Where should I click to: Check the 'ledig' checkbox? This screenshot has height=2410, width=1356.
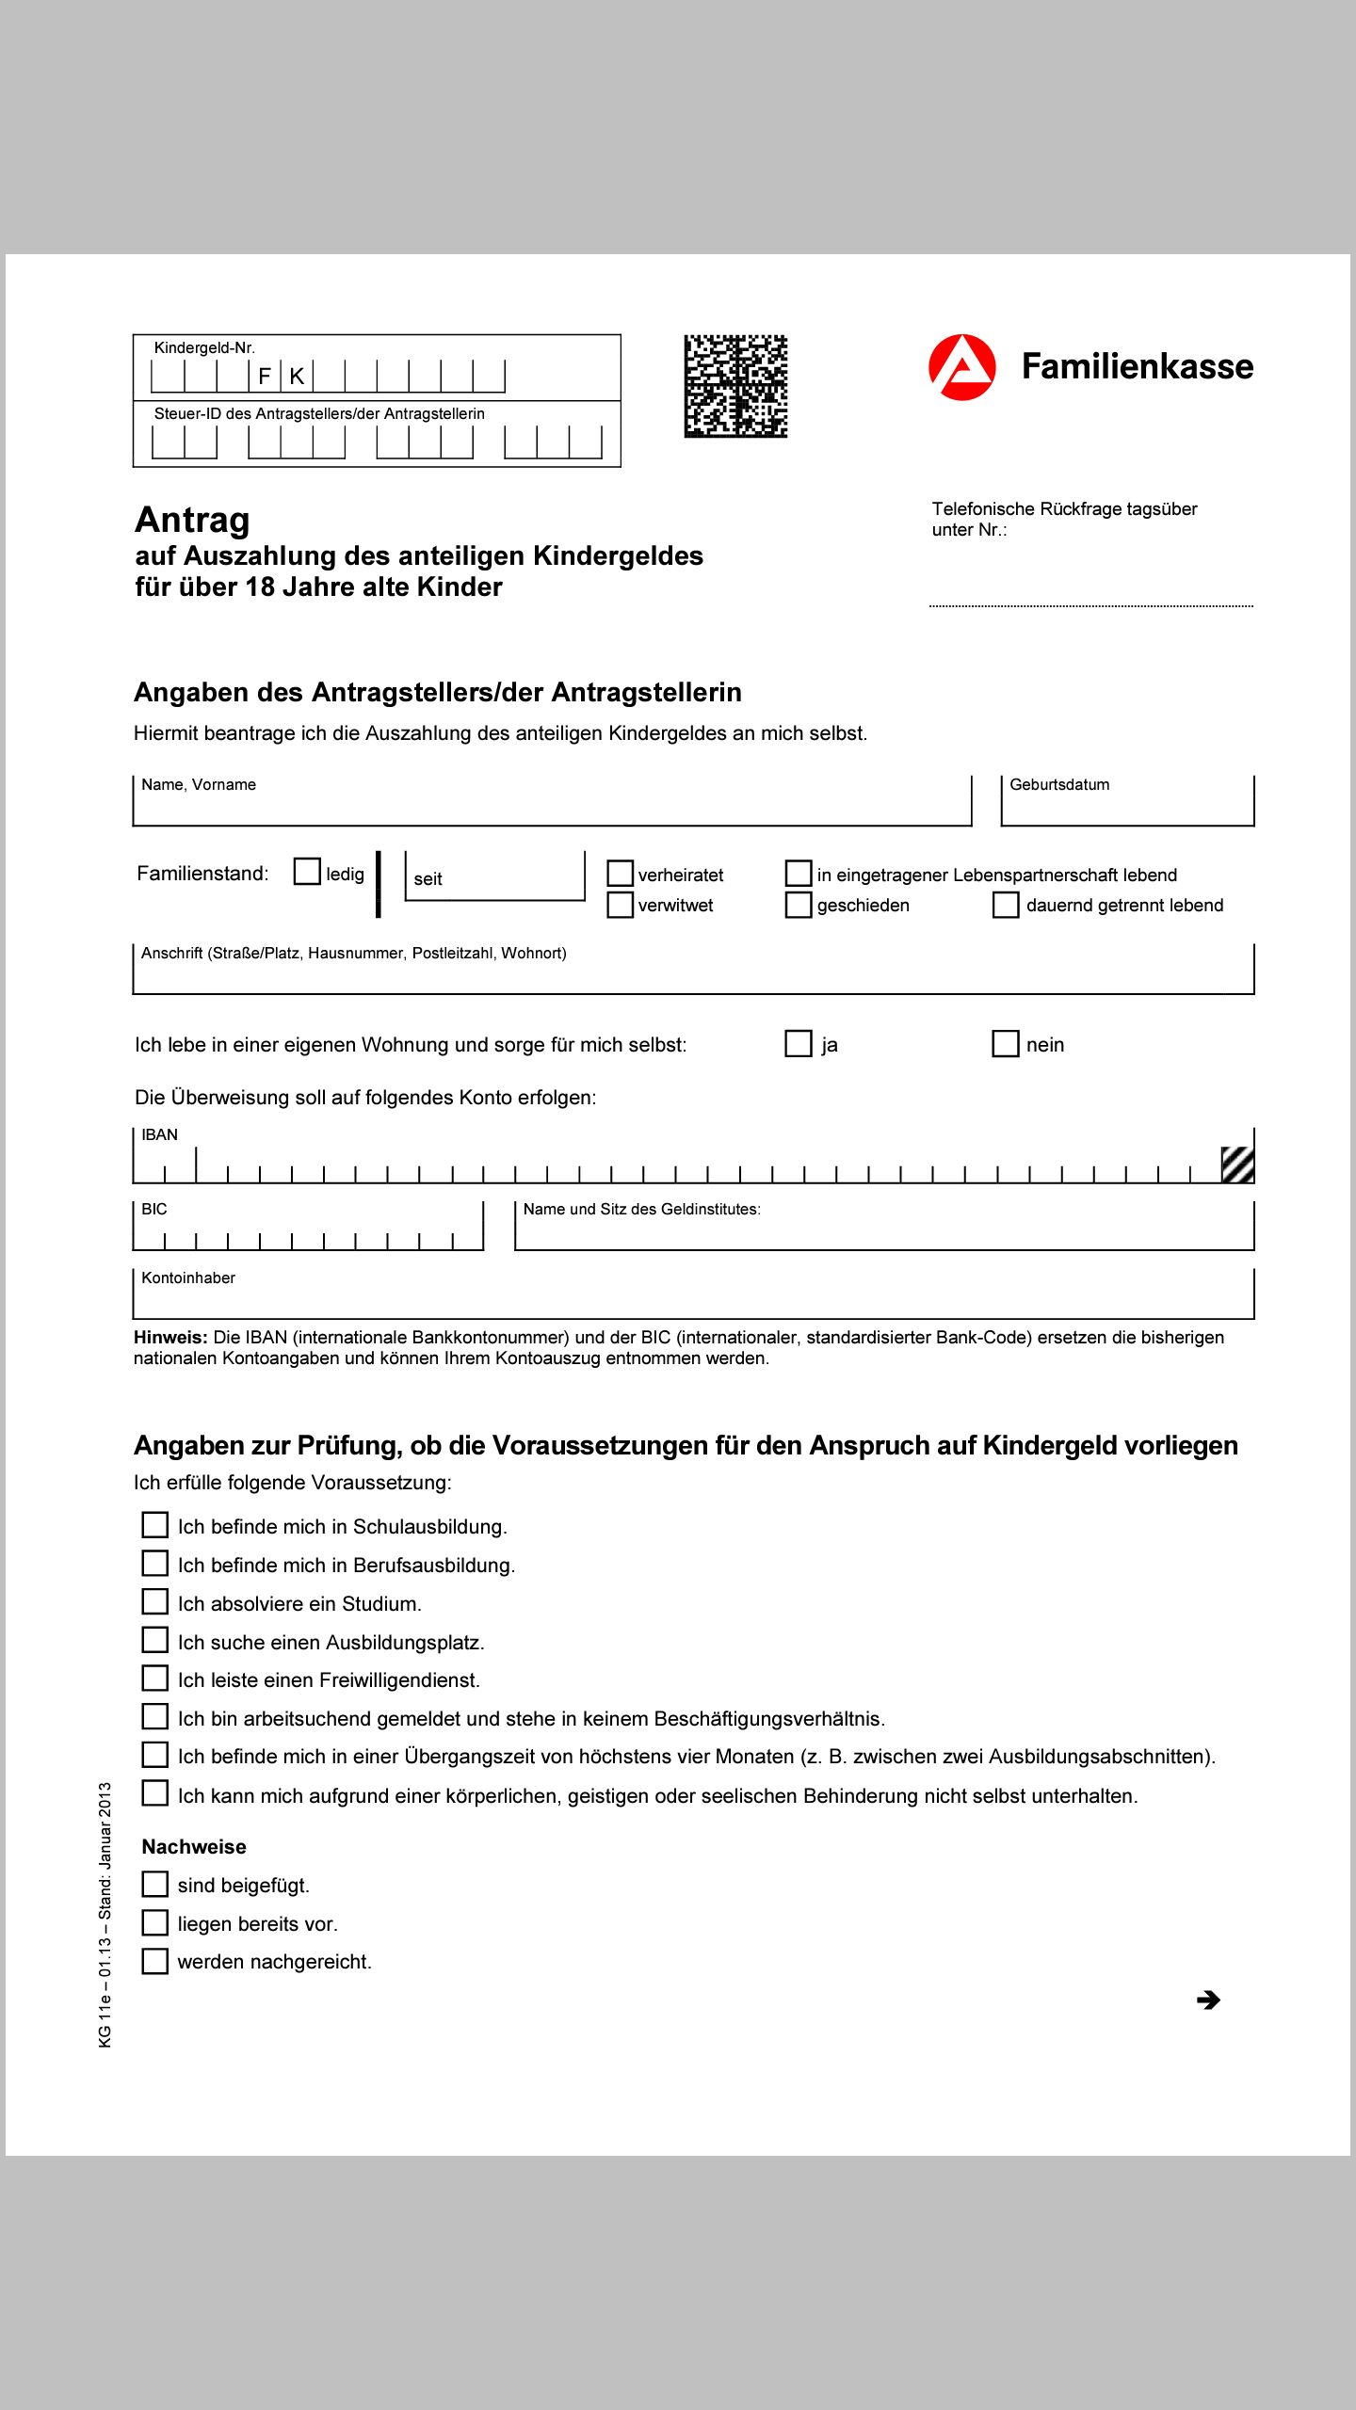307,872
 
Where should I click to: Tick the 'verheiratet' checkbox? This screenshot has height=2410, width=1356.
620,874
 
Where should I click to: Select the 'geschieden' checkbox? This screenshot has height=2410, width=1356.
799,905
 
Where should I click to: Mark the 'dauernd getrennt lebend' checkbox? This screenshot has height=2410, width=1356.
1006,905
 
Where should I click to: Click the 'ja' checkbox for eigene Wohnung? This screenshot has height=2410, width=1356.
799,1043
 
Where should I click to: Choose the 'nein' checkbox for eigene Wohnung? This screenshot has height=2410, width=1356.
1006,1043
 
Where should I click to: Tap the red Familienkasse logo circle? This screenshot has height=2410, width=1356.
961,367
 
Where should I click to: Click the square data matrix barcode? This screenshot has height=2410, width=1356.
735,386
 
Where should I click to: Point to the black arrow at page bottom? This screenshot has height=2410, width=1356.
1208,2000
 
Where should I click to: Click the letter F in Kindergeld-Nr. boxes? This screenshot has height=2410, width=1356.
265,377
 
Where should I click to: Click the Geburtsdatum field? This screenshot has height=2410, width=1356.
1127,806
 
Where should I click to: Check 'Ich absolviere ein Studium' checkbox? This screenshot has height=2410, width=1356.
155,1602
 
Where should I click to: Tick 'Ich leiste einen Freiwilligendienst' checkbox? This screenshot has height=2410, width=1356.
155,1679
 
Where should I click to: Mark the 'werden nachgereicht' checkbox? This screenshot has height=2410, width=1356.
155,1961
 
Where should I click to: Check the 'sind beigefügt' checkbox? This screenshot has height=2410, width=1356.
155,1884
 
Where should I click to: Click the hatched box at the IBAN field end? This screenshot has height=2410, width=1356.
1236,1165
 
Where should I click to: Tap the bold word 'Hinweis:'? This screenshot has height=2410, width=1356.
170,1337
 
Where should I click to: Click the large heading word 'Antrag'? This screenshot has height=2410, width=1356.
193,520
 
